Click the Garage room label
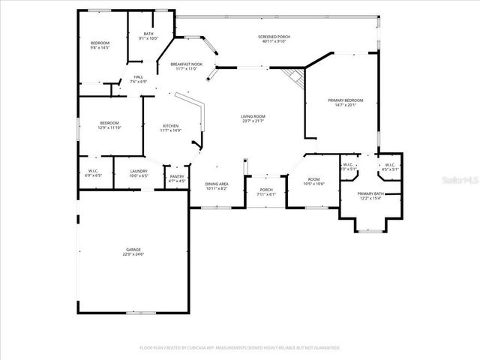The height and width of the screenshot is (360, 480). point(134,251)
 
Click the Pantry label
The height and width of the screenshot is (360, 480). point(176,178)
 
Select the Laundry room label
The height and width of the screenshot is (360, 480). point(138,173)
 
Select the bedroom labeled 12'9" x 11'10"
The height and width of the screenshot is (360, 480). point(109,125)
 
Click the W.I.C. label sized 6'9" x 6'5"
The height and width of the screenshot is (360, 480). point(94,173)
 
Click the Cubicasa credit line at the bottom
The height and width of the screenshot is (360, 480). point(239,348)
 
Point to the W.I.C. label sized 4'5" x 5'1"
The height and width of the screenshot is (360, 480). point(389,166)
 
